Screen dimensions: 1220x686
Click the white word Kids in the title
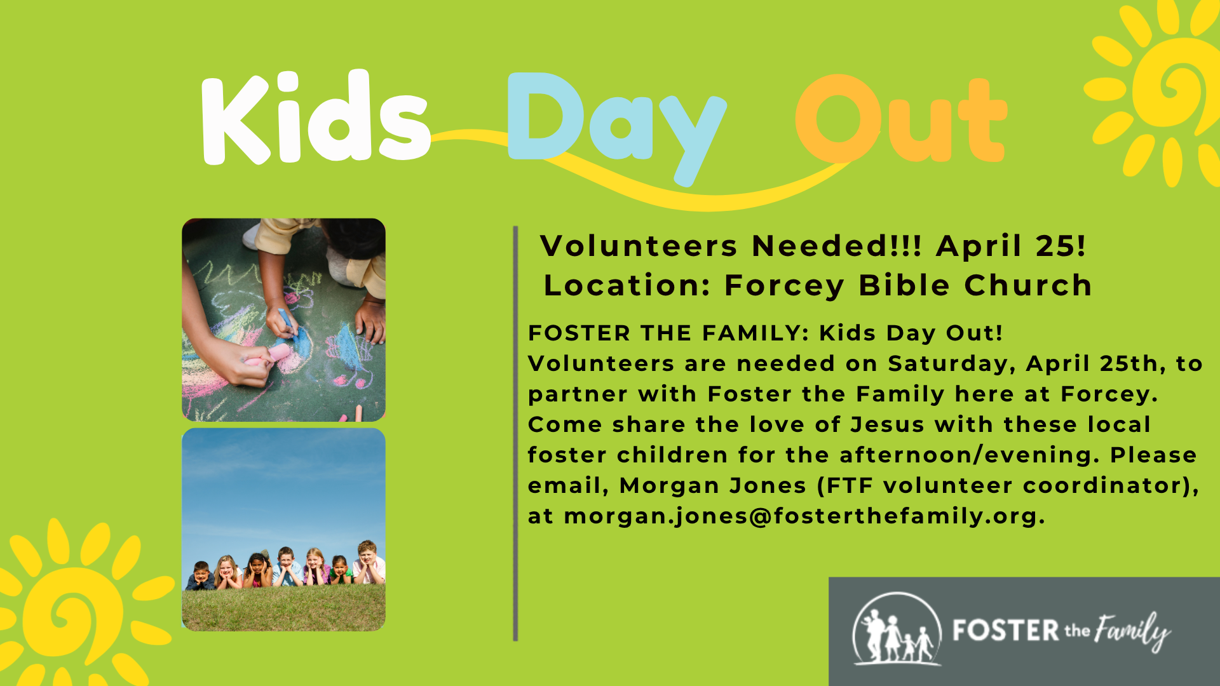coord(316,118)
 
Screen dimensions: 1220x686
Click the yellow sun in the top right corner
coord(1153,92)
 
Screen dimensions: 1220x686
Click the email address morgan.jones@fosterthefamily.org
coord(804,516)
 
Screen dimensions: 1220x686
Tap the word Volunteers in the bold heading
coord(639,246)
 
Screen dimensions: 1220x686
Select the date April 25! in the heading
coord(1011,246)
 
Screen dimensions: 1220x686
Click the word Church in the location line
coord(1028,285)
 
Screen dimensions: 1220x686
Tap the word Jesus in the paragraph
coord(887,424)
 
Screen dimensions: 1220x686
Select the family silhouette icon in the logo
coord(897,629)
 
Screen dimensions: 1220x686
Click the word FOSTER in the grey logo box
coord(1005,631)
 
